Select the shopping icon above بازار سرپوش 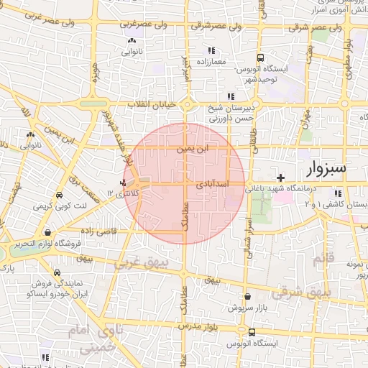248,296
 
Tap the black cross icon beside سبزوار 281,177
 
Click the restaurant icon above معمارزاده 211,50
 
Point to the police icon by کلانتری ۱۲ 124,183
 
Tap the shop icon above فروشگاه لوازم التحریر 47,233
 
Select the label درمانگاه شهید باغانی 285,188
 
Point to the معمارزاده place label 210,62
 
